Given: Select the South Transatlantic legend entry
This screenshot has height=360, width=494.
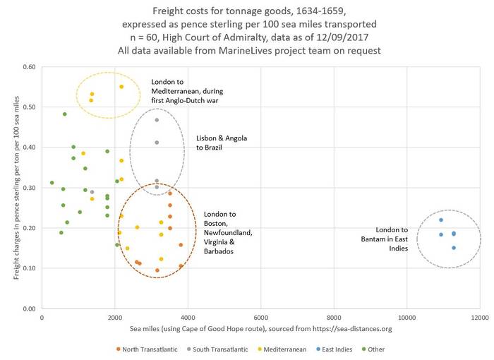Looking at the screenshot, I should click(214, 349).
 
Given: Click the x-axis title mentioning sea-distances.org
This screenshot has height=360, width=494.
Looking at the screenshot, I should click(260, 329).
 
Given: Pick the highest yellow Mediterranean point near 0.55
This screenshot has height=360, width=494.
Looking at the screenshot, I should click(121, 87).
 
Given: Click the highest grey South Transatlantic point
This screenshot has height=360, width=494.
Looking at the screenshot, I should click(157, 120).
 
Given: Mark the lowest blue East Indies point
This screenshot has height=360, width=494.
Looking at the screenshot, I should click(454, 248).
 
